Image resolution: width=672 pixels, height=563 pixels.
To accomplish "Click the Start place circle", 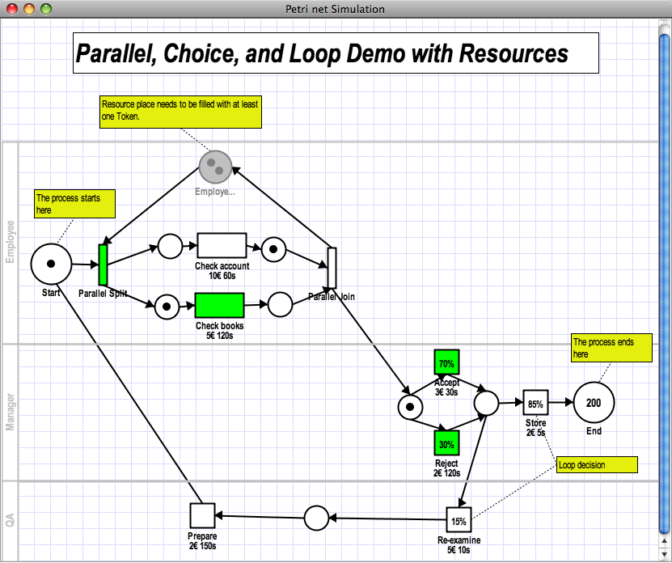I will point(51,264).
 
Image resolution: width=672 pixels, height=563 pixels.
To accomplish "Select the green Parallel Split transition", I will point(103,265).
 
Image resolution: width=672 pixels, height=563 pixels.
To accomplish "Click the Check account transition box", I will point(222,246).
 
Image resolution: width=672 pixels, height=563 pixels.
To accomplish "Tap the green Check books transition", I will point(219,306).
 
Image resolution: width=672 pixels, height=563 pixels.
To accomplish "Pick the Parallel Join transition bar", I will point(332,268).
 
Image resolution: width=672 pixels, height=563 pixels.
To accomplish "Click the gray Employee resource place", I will point(215,167).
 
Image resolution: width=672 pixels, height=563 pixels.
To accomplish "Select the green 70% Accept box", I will point(446,363).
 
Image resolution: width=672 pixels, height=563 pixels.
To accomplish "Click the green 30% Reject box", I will point(446,444).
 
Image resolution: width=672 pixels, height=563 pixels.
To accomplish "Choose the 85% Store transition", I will point(535,403).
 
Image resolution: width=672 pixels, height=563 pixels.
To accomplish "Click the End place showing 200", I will point(594,403).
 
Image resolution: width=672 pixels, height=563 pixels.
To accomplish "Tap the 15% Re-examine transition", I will point(459,520).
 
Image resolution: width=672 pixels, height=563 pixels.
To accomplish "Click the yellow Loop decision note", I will point(597,464).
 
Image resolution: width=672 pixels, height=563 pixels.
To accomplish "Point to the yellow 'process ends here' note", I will point(611,348).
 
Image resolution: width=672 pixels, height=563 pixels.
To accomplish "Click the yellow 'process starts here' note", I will point(74,204).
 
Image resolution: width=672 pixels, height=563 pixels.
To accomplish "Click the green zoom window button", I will point(46,9).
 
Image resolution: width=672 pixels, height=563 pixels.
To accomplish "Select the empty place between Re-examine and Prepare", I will point(316,518).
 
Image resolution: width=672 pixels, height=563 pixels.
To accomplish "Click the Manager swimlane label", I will point(11,412).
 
